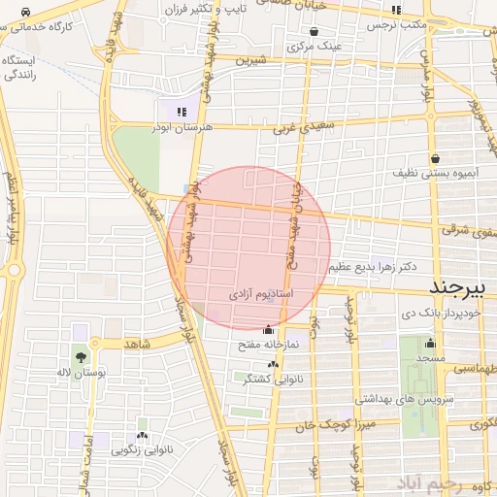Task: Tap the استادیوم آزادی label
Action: click(x=261, y=292)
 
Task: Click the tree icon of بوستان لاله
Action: click(x=80, y=357)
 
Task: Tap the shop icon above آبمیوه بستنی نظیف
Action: click(x=434, y=157)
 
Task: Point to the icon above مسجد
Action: click(x=430, y=343)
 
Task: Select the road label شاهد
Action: click(x=137, y=345)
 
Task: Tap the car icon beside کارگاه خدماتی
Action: click(x=24, y=12)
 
